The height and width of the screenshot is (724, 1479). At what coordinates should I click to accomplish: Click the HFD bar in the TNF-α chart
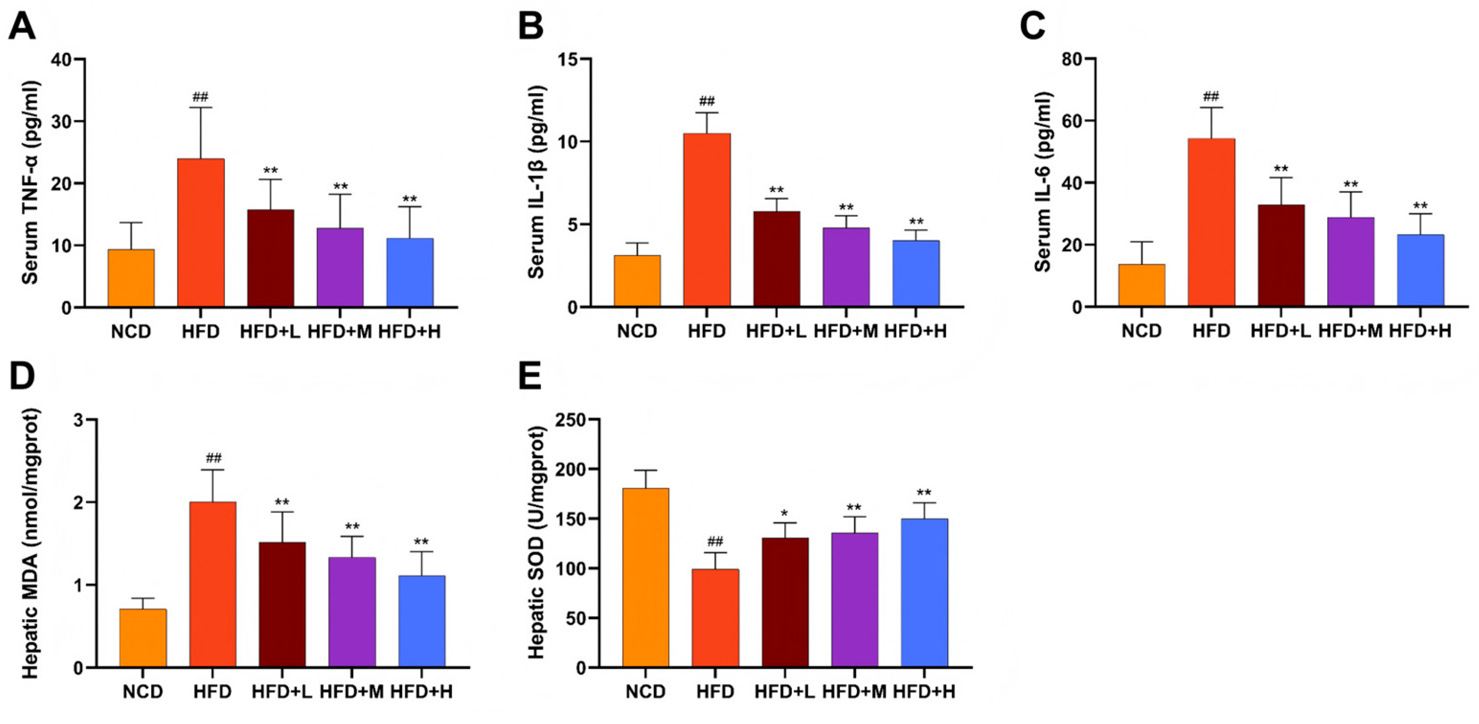point(201,233)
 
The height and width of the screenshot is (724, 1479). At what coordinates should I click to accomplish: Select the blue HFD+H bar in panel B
point(916,273)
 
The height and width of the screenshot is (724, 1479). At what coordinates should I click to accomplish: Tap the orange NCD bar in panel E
point(645,577)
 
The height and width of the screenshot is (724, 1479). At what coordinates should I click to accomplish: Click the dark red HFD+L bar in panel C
point(1281,256)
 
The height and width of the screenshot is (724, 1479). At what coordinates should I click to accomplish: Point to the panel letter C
point(1032,26)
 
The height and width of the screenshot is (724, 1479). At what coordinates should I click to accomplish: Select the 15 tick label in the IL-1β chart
point(568,60)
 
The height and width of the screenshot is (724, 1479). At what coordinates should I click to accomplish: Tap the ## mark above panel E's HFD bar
point(716,541)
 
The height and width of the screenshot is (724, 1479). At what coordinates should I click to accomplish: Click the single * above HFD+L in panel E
point(785,513)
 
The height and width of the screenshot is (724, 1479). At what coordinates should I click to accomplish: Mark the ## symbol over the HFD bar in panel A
point(201,96)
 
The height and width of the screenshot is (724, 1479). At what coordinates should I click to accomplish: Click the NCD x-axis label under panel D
point(143,692)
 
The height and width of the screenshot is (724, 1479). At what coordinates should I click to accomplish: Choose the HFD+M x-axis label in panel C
point(1350,331)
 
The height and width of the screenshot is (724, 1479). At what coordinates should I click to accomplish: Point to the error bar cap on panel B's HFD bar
point(707,113)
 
